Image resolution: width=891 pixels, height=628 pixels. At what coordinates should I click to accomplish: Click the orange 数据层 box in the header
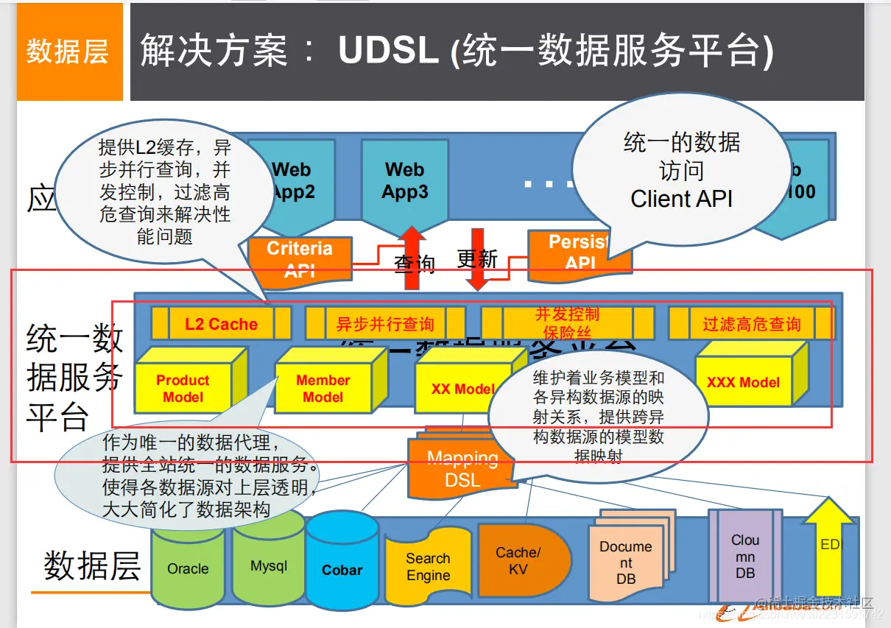(69, 52)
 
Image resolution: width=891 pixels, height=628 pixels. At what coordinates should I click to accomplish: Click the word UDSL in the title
(389, 50)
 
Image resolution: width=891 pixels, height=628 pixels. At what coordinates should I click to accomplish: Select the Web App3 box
(404, 180)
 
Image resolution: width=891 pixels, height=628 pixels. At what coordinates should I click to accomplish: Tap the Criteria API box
(300, 258)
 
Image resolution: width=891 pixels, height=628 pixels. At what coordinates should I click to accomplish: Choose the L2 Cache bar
(221, 324)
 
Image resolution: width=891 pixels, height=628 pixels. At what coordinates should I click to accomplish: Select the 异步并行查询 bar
(385, 324)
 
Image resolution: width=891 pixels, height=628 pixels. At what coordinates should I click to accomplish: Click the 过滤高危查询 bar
(751, 324)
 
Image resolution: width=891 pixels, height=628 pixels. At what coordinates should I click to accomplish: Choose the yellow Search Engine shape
(428, 567)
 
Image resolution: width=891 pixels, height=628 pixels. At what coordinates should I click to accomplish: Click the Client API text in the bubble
(681, 199)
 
